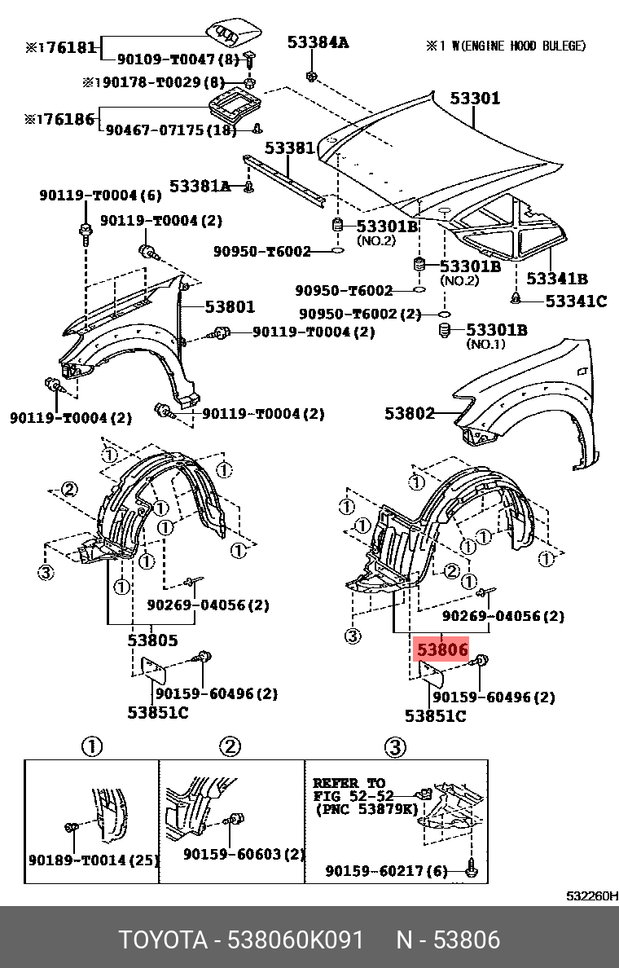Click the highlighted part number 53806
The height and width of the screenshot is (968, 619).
[x=442, y=650]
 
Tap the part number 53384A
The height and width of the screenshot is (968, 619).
[x=318, y=42]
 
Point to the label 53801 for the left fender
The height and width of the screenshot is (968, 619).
[x=230, y=307]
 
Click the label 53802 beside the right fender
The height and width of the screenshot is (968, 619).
[x=410, y=413]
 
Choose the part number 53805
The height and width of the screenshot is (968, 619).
[x=152, y=640]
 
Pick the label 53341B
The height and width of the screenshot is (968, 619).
[x=557, y=279]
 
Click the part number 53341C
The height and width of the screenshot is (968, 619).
[x=576, y=301]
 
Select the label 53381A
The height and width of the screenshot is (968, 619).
[x=200, y=186]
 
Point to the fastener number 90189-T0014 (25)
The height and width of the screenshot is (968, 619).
[x=94, y=860]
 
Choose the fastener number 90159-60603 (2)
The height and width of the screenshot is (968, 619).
[x=244, y=854]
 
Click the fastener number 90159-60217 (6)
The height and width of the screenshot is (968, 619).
[x=387, y=871]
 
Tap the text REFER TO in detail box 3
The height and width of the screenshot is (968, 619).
[x=349, y=783]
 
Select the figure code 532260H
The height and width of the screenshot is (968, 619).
[x=592, y=896]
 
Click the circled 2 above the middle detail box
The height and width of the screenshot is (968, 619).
[x=230, y=746]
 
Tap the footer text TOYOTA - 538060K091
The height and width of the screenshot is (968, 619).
[x=241, y=939]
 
